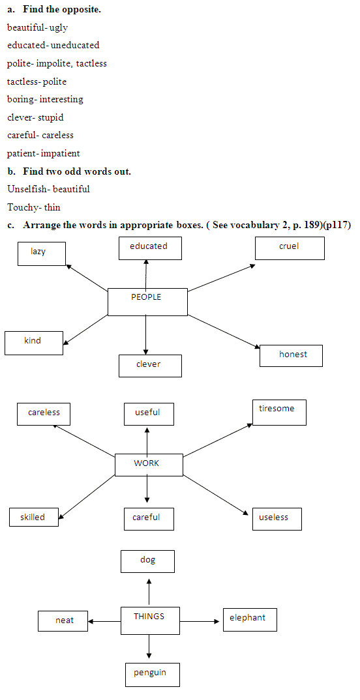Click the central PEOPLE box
147,302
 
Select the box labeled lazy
42,254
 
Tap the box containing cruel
290,248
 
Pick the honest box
291,356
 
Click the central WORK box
149,465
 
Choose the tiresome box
280,413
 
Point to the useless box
277,519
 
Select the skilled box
33,518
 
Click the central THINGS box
150,620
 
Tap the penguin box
153,675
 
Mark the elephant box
250,620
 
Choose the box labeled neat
63,621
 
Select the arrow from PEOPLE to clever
145,335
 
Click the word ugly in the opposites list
59,27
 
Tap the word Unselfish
27,189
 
